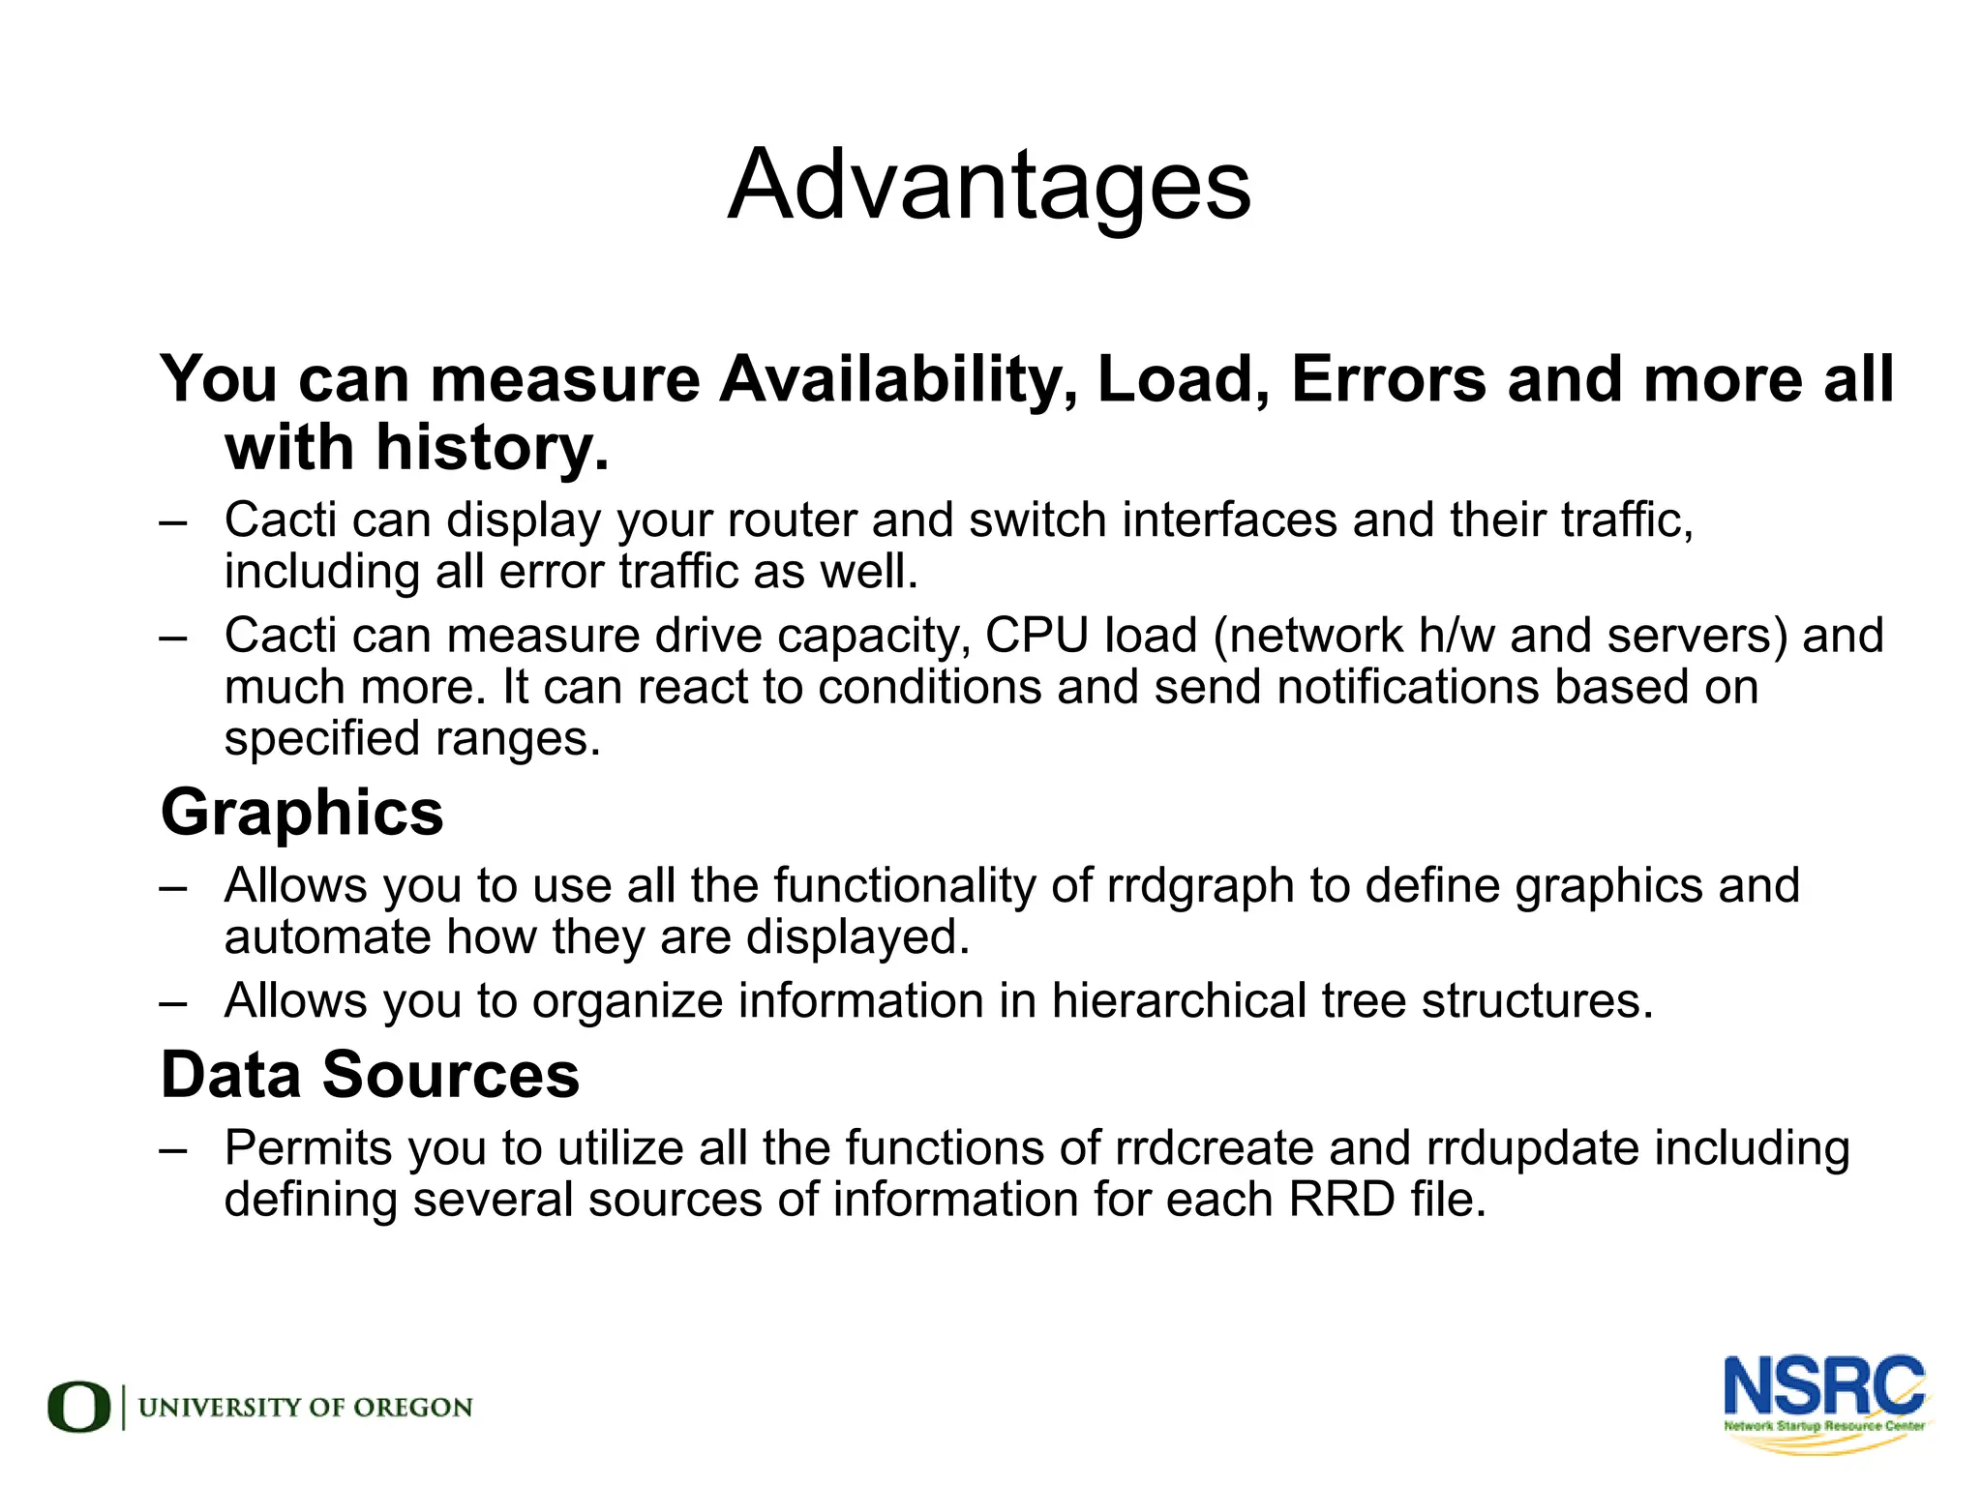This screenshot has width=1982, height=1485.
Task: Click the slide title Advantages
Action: click(x=989, y=186)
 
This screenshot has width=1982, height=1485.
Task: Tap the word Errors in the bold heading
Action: click(x=1388, y=379)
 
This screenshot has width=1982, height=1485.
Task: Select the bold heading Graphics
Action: click(x=302, y=813)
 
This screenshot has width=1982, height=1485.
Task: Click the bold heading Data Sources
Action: click(x=370, y=1075)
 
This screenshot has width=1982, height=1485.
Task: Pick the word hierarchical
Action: click(x=1178, y=1000)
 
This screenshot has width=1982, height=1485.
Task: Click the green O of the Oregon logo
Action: click(x=79, y=1407)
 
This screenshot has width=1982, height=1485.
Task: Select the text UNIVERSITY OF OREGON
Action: click(x=306, y=1408)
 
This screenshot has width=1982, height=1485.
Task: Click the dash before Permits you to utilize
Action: click(x=173, y=1149)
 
